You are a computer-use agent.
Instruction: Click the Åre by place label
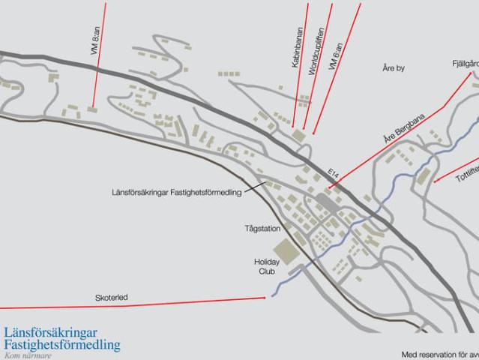(x=394, y=68)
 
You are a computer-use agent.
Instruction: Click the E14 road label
(x=334, y=173)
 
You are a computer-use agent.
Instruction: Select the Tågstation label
(x=262, y=227)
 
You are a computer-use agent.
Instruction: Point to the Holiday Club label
(x=266, y=266)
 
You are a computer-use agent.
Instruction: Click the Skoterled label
(x=111, y=298)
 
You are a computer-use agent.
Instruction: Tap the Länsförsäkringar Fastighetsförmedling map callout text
(x=175, y=193)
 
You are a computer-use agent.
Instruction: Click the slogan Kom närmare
(x=28, y=355)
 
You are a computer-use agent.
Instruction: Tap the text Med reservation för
(x=439, y=354)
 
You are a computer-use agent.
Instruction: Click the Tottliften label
(x=467, y=170)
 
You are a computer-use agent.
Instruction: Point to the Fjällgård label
(x=465, y=64)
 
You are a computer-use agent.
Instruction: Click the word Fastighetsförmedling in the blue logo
(x=61, y=345)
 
